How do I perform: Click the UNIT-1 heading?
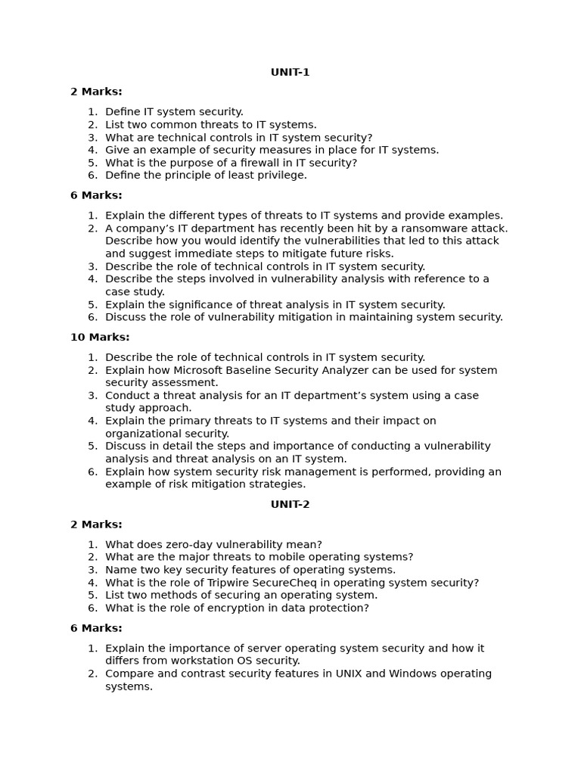pos(290,73)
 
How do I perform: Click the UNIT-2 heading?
pos(290,505)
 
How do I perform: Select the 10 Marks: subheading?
pos(100,338)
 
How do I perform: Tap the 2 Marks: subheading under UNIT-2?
pos(96,524)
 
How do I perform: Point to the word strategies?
pos(277,484)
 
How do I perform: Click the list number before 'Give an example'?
pos(92,150)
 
